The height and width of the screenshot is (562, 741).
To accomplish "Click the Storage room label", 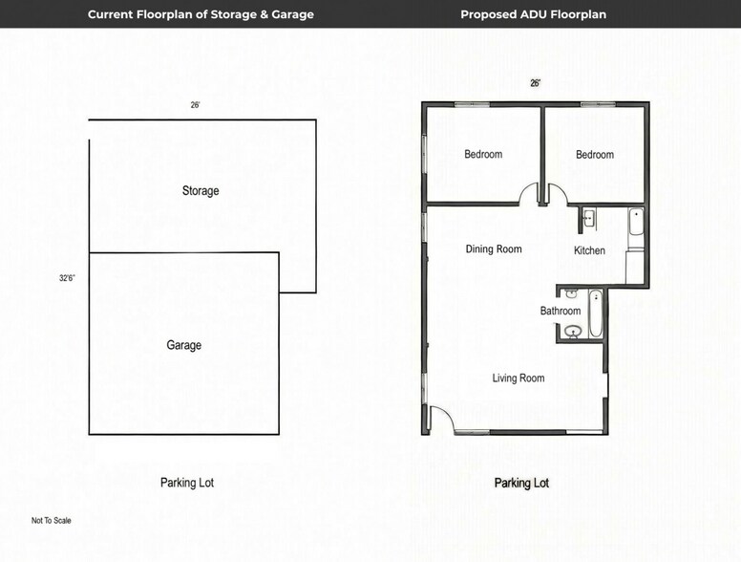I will click(201, 191).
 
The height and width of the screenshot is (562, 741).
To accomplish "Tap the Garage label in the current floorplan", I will click(184, 345).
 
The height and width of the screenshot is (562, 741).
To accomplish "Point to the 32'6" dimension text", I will click(67, 279).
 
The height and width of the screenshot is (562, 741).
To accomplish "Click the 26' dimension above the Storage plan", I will click(195, 105).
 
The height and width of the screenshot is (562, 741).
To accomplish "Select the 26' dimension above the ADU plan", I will click(536, 83).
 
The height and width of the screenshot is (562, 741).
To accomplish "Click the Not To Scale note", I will click(52, 521).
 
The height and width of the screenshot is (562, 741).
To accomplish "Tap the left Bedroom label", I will click(483, 155).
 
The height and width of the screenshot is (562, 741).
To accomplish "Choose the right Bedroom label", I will click(595, 155).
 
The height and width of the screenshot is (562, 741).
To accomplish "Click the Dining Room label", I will click(494, 249).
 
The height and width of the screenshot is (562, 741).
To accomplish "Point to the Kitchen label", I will click(589, 250).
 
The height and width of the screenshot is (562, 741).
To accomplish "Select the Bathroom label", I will click(561, 312).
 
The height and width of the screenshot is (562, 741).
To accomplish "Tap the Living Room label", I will click(519, 378).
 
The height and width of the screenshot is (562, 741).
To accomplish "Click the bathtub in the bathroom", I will click(596, 313).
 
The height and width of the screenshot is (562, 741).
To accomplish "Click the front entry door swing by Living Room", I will click(440, 418).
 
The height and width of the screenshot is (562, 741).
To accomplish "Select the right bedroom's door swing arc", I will click(557, 195).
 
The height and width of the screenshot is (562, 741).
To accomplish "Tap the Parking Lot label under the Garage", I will click(187, 483).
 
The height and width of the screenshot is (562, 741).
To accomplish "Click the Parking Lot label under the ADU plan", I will click(521, 483).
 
